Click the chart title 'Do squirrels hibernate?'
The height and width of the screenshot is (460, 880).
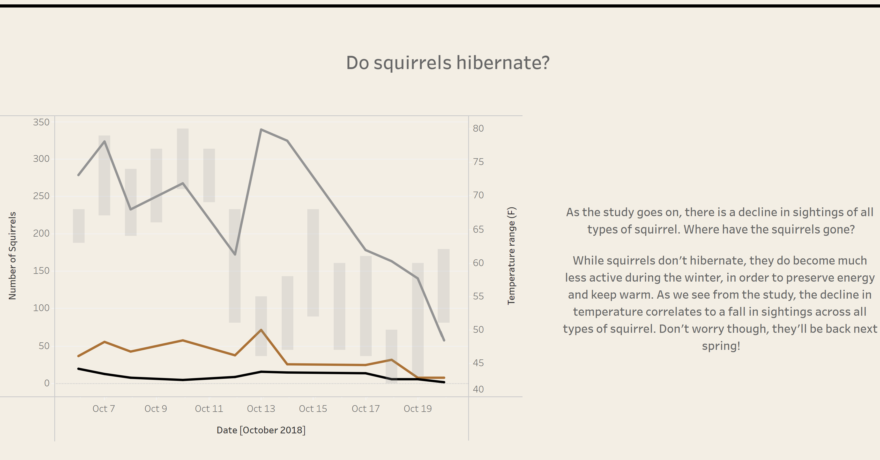click(448, 63)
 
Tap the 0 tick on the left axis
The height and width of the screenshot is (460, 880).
click(47, 383)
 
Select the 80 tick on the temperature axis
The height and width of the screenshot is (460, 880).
click(478, 129)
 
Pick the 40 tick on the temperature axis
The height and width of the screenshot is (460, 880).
click(478, 389)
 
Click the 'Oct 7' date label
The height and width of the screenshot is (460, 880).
click(104, 409)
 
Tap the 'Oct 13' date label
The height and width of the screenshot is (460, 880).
click(261, 409)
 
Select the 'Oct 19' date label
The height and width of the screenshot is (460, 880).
click(418, 409)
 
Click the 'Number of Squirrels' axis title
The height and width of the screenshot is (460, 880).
click(13, 256)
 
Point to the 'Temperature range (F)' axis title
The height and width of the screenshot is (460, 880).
click(511, 256)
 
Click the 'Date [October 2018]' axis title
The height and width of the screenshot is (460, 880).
click(261, 430)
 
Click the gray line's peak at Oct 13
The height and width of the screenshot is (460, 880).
click(261, 130)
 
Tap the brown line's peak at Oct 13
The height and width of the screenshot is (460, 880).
click(261, 330)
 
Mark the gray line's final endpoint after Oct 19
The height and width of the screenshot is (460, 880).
click(444, 340)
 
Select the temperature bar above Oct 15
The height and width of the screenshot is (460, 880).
click(313, 263)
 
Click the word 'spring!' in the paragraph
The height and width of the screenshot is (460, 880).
click(721, 346)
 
